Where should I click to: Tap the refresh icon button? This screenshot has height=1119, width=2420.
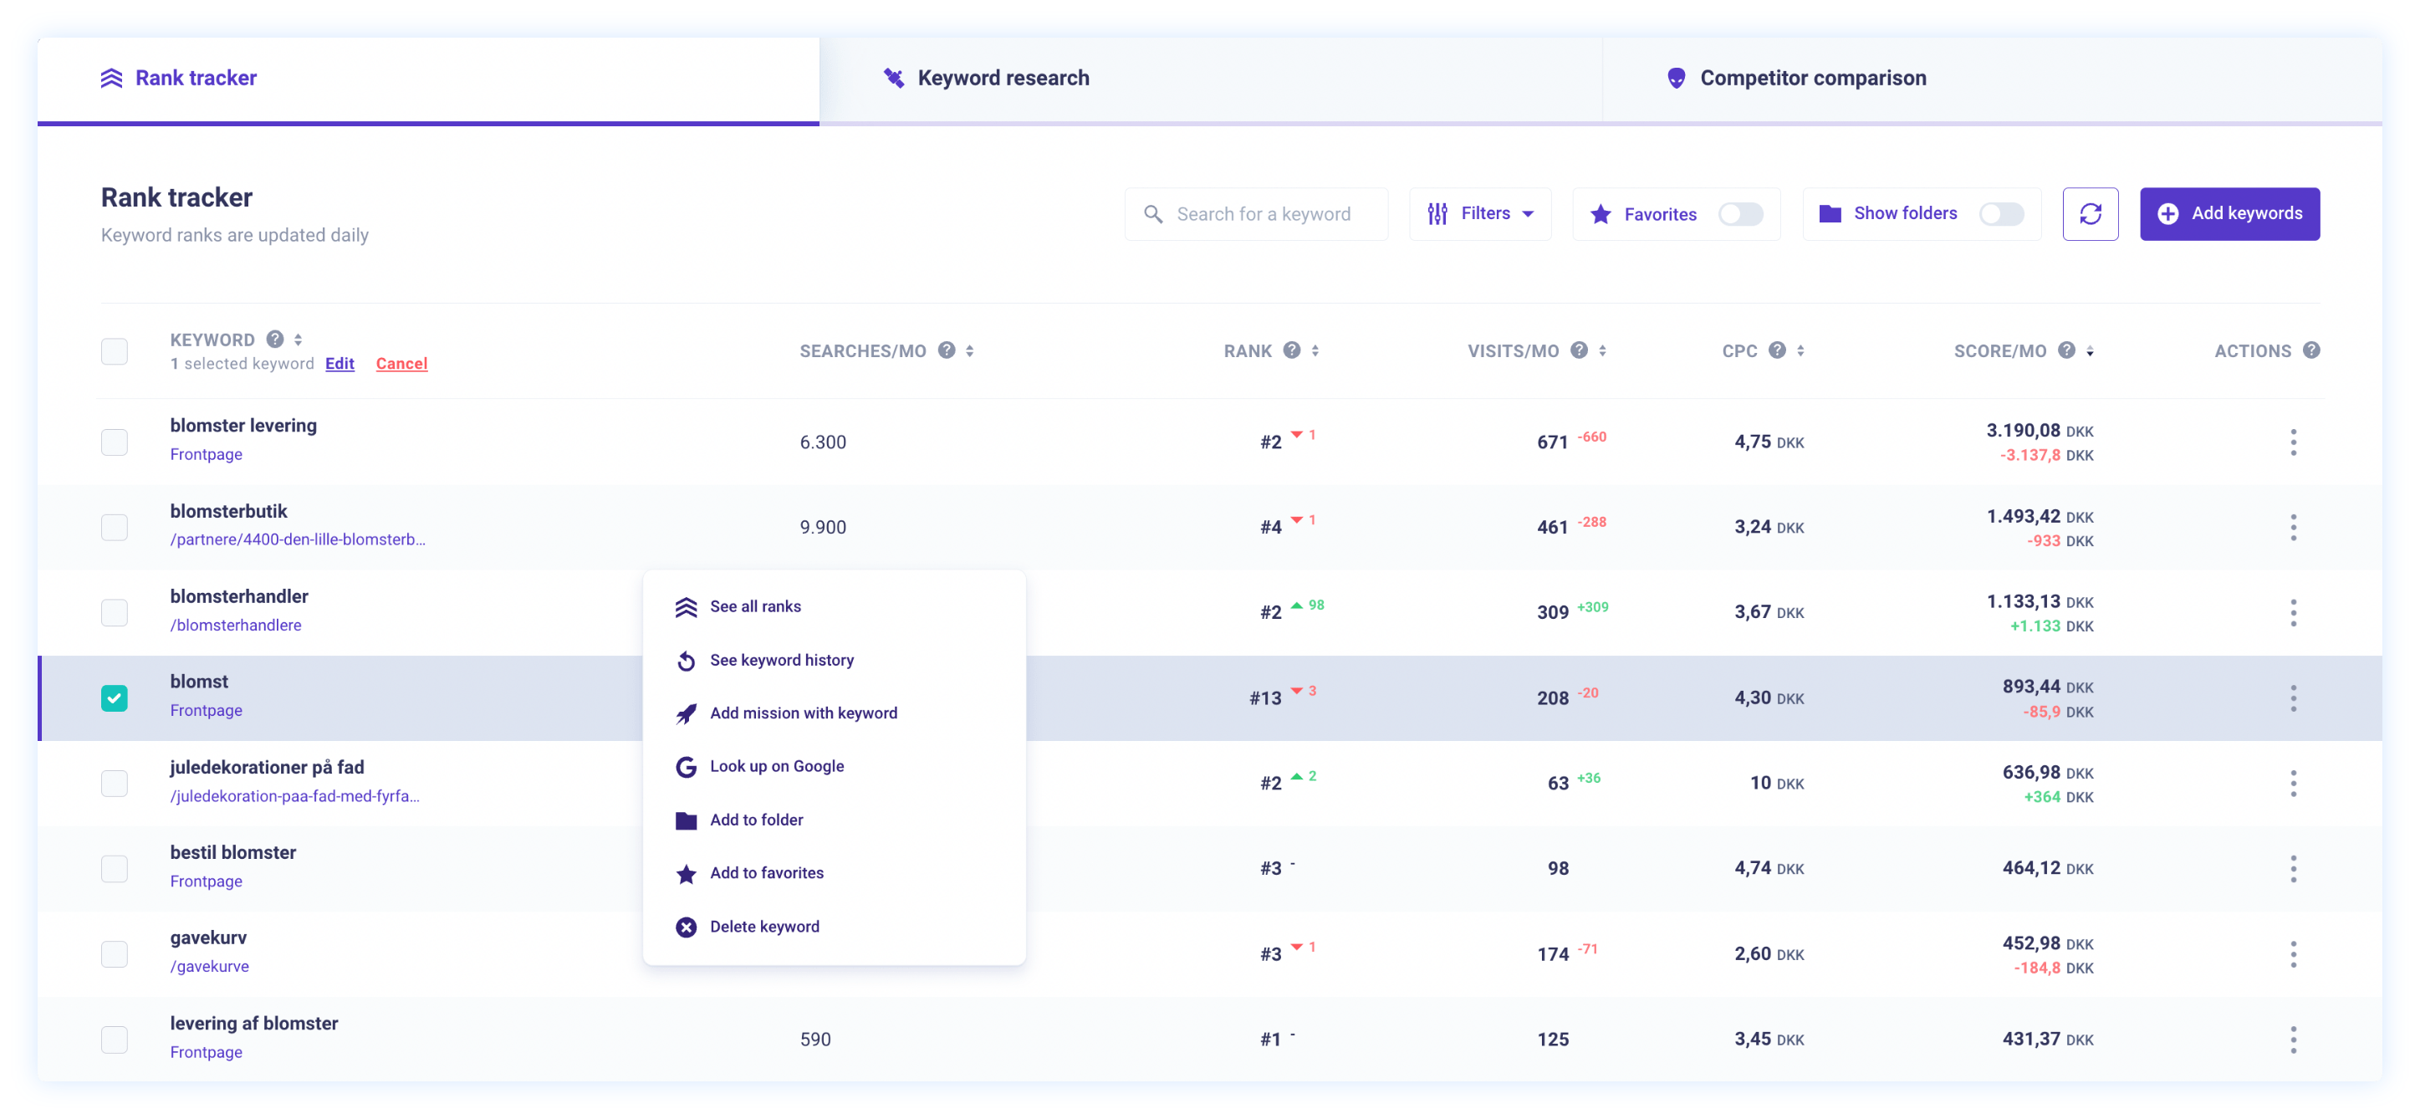tap(2090, 214)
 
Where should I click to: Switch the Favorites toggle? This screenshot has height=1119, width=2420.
tap(1740, 214)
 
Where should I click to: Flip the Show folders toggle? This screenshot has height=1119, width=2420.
tap(2000, 214)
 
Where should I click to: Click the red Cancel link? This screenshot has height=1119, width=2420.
tap(401, 364)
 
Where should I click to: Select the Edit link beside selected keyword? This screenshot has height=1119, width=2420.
tap(340, 364)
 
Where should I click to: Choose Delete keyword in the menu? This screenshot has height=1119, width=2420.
tap(763, 927)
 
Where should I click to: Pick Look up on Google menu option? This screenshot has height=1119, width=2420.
tap(776, 767)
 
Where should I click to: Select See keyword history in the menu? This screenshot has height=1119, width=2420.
tap(781, 661)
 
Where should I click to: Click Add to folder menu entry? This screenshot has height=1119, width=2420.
tap(756, 820)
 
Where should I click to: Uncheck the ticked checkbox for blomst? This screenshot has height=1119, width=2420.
tap(115, 698)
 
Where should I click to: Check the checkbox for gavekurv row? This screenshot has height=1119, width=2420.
tap(115, 953)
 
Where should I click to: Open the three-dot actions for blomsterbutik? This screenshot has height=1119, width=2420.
tap(2292, 527)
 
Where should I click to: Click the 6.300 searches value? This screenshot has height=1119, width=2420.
tap(823, 442)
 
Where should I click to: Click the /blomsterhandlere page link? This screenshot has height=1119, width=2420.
tap(236, 626)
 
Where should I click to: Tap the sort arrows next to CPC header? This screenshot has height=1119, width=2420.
tap(1800, 350)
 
